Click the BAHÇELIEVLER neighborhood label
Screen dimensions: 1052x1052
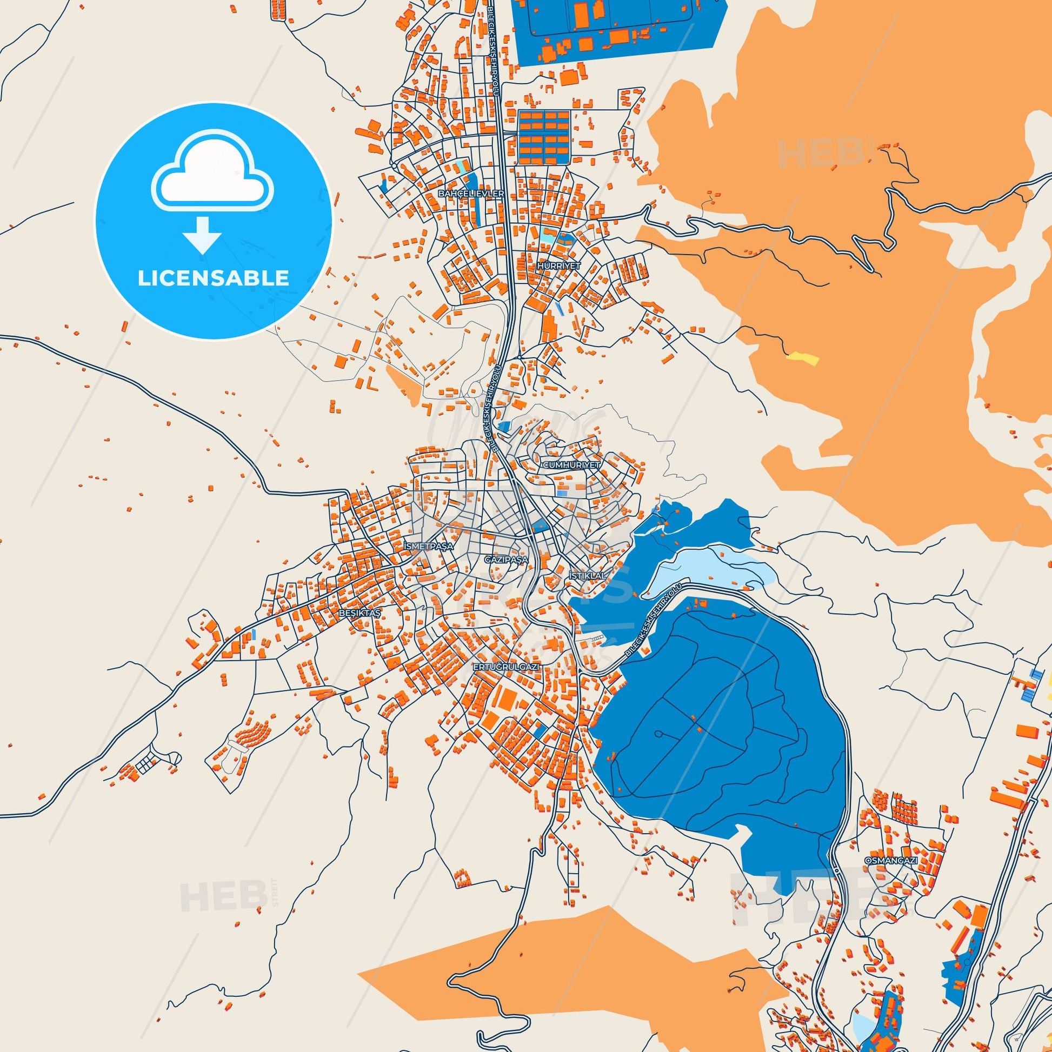click(471, 194)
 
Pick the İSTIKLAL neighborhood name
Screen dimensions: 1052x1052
click(587, 576)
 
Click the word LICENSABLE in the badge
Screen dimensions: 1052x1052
click(213, 278)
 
